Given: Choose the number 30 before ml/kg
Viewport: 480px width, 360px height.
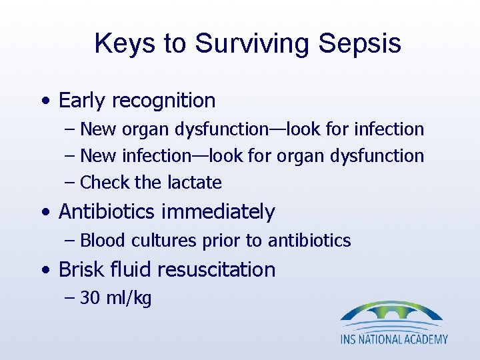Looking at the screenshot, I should click(90, 298).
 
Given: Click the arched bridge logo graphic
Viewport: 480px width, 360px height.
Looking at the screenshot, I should click(392, 314).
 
